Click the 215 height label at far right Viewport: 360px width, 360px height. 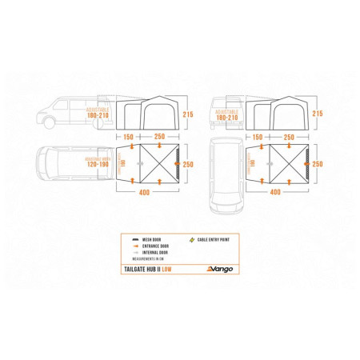click(x=318, y=114)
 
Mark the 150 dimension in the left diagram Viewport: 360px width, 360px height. click(x=128, y=137)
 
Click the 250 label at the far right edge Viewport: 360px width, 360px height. click(x=318, y=164)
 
